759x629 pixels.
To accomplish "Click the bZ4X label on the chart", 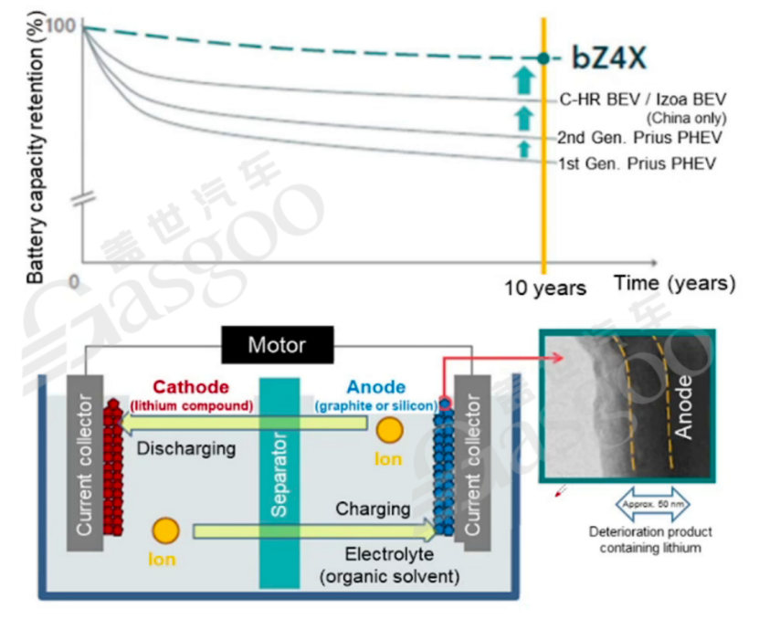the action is point(609,58).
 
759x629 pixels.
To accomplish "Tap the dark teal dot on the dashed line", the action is point(543,58).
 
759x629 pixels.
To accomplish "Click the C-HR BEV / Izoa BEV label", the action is point(644,100).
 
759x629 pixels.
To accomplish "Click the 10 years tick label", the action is point(545,288).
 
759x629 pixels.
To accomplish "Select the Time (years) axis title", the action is point(675,284).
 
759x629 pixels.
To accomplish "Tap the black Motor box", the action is point(278,346).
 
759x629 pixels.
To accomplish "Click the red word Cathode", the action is point(191,387).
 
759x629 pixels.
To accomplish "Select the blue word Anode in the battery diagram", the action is point(376,387).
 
